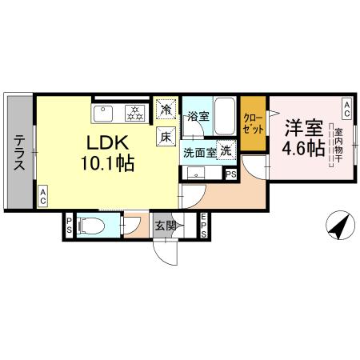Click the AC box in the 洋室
pyautogui.click(x=347, y=106)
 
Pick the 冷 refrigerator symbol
pyautogui.click(x=166, y=109)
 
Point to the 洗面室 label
pyautogui.click(x=200, y=150)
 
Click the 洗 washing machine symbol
pyautogui.click(x=226, y=150)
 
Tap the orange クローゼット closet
pyautogui.click(x=254, y=124)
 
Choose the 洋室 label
pyautogui.click(x=302, y=126)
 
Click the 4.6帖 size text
pyautogui.click(x=302, y=150)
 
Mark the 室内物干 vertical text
pyautogui.click(x=338, y=148)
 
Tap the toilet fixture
pyautogui.click(x=90, y=226)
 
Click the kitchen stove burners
pyautogui.click(x=134, y=112)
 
